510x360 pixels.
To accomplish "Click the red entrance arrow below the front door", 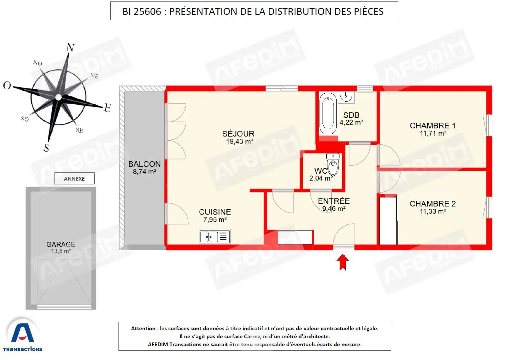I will (343, 262).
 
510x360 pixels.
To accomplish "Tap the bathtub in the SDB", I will (328, 114).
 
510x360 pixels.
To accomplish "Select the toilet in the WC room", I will (333, 164).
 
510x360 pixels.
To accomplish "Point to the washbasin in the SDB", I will (346, 97).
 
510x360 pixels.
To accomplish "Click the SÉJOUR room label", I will (238, 134).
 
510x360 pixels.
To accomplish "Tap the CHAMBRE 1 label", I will (433, 125).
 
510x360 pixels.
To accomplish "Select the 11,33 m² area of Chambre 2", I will (433, 211).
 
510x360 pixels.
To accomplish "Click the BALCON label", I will (144, 164).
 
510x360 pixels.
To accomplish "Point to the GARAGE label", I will (61, 244).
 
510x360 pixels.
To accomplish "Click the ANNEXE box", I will (74, 179).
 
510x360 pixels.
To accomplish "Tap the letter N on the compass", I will (70, 48).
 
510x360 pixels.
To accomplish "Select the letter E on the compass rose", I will (107, 108).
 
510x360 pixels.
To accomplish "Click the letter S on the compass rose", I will (47, 148).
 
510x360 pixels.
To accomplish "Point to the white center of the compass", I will (58, 98).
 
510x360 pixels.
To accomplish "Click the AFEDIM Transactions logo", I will (22, 335).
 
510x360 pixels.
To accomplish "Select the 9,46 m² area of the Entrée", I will (334, 209).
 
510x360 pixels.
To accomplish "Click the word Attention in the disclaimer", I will (143, 328).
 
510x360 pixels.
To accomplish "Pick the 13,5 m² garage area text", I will (61, 251).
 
